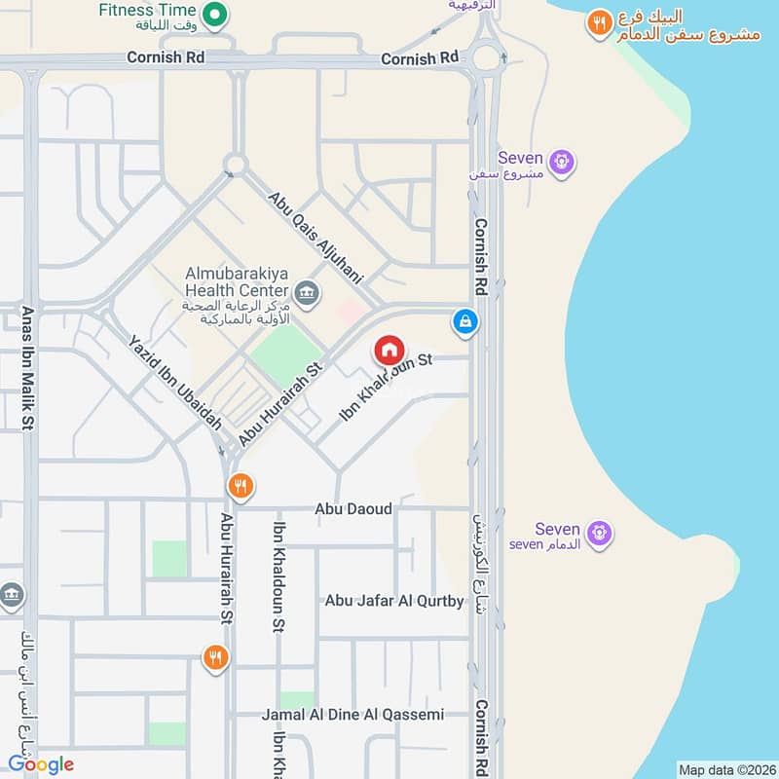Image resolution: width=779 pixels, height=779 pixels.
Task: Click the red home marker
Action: [x=389, y=351]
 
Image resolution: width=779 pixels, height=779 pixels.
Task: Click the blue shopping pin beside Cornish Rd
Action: [x=465, y=321]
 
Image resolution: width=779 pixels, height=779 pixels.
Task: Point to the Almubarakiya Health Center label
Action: [x=238, y=281]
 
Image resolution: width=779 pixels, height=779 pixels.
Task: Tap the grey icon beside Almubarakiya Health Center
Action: [x=307, y=292]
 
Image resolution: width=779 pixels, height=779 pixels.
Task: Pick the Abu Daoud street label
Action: [x=352, y=509]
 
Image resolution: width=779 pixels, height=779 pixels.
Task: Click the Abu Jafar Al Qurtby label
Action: [x=394, y=601]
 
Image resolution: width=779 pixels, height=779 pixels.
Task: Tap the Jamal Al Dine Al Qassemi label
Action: [x=352, y=715]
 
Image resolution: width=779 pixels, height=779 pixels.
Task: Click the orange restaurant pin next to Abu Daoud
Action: [x=240, y=485]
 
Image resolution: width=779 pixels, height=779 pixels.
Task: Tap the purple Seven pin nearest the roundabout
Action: [x=561, y=163]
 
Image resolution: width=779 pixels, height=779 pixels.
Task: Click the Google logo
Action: [x=41, y=764]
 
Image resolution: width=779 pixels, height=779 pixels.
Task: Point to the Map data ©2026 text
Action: [x=726, y=769]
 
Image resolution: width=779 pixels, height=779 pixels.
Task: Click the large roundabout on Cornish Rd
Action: [x=486, y=57]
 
